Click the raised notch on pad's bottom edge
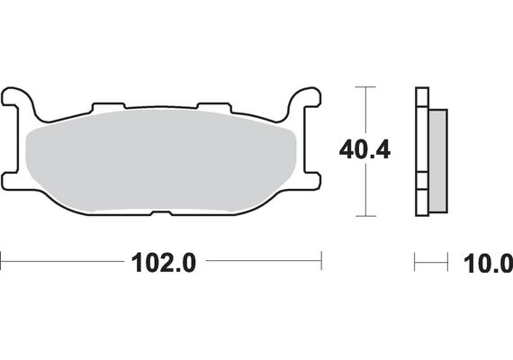click(161, 214)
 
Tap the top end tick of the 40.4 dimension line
click(363, 87)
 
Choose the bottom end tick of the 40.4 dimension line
click(363, 216)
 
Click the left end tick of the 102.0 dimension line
click(2, 263)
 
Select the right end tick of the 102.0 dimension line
click(321, 263)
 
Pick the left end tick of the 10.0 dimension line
click(415, 263)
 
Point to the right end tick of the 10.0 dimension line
click(448, 263)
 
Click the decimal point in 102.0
click(166, 271)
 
